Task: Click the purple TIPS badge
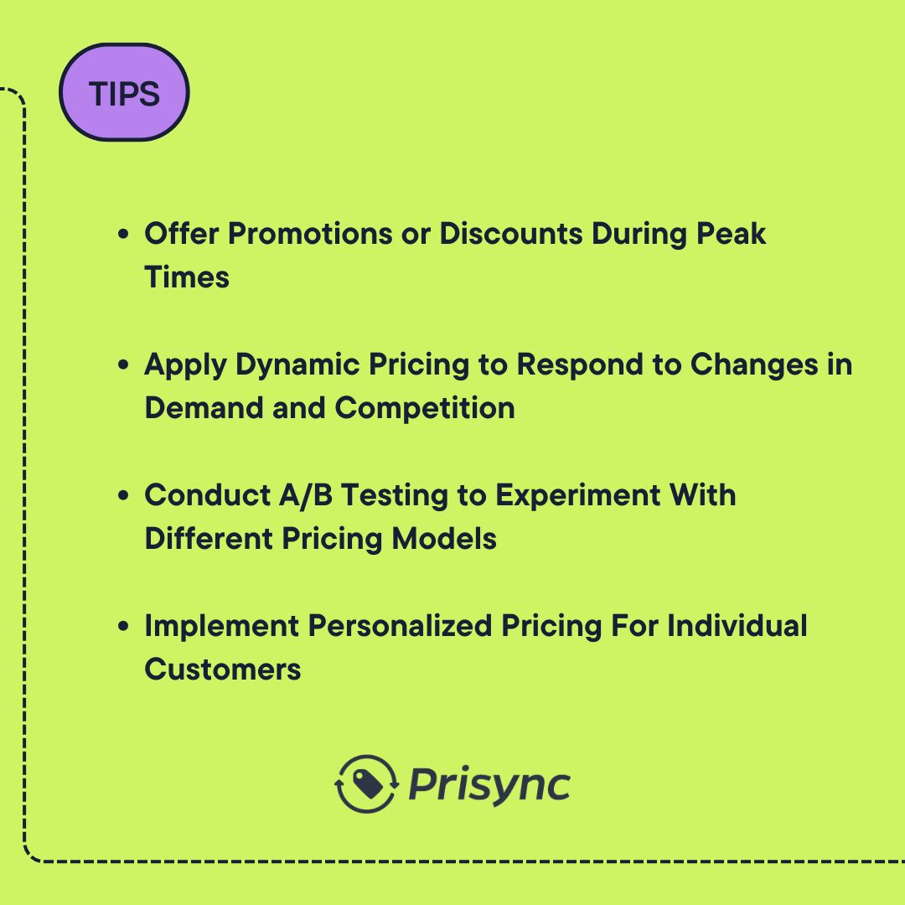(124, 93)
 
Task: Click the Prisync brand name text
(489, 786)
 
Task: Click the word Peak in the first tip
(732, 234)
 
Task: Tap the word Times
(187, 277)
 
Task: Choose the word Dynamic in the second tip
(288, 365)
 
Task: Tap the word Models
(444, 539)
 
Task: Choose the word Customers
(223, 670)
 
